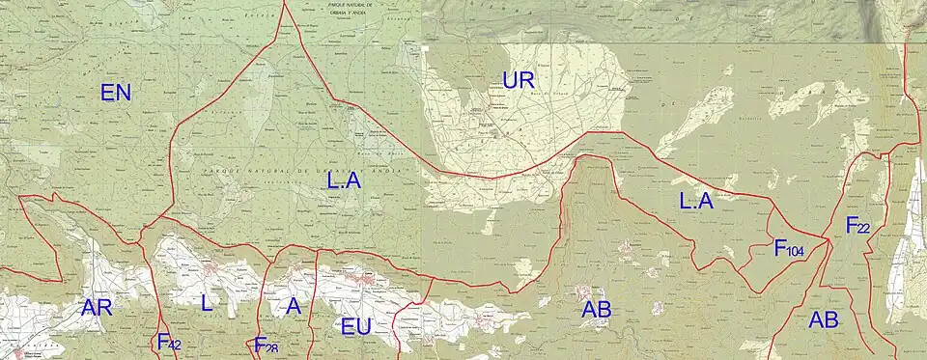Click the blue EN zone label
click(116, 94)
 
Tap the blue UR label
click(519, 80)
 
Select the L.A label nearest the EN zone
click(345, 179)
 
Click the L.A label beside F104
click(695, 202)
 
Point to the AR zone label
click(97, 309)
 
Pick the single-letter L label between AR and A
click(206, 303)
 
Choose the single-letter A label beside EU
click(294, 306)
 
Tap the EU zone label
click(356, 327)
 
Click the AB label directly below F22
click(824, 319)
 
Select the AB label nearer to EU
click(597, 311)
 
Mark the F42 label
click(169, 342)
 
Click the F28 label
click(266, 345)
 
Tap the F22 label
click(857, 226)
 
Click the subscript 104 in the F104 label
click(796, 252)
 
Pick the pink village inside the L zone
click(210, 274)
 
